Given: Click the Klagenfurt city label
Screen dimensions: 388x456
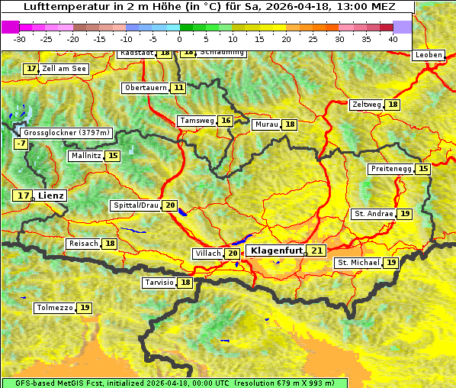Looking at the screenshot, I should [x=277, y=251].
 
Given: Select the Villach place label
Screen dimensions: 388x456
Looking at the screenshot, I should [x=208, y=254].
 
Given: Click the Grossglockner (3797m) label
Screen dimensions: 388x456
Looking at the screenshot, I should [x=67, y=132].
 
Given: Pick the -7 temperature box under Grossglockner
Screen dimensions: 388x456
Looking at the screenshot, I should [x=21, y=144].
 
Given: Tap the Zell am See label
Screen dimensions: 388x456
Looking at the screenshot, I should [x=64, y=69].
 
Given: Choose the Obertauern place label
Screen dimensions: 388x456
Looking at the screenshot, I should [x=146, y=88].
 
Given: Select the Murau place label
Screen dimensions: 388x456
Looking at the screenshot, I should [x=266, y=124].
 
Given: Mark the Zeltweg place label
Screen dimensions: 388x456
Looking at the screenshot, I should [x=366, y=105].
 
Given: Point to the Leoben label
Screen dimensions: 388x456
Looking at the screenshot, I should [x=428, y=55].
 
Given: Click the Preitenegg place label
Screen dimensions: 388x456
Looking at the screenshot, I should [x=391, y=169].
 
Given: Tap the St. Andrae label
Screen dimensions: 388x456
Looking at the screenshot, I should [x=373, y=214].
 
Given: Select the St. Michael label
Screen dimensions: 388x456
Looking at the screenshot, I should [x=358, y=263].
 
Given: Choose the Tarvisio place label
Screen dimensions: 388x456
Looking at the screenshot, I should [x=159, y=283].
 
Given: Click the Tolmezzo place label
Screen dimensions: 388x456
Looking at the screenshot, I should [x=54, y=308].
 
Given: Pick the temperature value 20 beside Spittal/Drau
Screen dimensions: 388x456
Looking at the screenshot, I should [x=170, y=205].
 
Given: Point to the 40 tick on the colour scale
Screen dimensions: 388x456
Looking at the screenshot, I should [x=393, y=38].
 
